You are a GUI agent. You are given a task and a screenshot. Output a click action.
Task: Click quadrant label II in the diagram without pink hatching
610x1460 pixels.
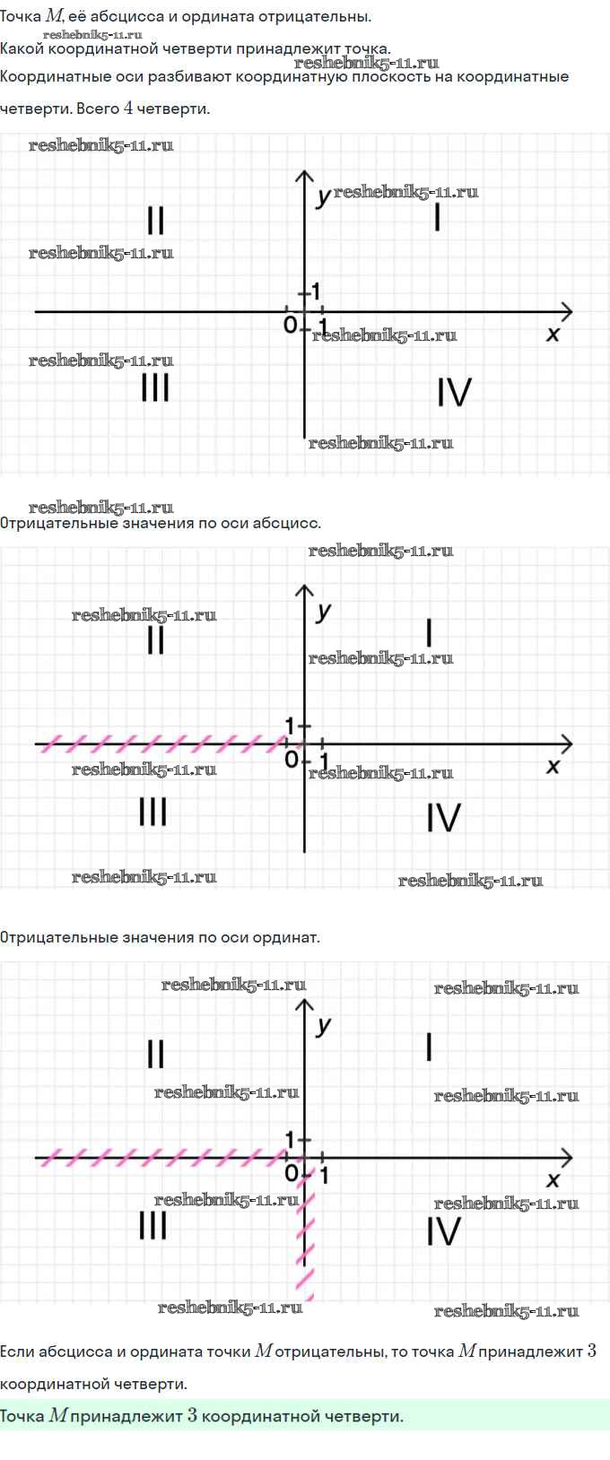click(x=155, y=221)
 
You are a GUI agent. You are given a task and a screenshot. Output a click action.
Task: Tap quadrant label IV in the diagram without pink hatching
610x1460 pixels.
click(x=454, y=393)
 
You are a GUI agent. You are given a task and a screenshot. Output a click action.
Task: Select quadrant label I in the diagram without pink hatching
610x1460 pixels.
click(x=437, y=217)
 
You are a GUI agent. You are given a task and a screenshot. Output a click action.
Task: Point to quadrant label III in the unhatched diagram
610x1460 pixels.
click(x=155, y=387)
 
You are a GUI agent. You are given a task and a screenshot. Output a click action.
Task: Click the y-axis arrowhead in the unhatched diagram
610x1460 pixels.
click(x=305, y=176)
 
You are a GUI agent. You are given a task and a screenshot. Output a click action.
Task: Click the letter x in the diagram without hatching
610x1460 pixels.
click(x=553, y=335)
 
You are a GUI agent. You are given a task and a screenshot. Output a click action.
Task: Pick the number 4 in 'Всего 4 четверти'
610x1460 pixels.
click(x=128, y=109)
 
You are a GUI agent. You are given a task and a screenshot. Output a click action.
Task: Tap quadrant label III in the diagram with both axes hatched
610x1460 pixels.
click(x=152, y=1225)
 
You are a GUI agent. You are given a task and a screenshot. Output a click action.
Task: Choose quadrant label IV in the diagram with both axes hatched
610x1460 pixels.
click(x=443, y=1231)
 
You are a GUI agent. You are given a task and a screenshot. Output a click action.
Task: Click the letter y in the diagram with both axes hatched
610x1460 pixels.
click(x=324, y=1025)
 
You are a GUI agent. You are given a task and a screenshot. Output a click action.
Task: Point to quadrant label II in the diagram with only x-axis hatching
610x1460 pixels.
click(x=155, y=640)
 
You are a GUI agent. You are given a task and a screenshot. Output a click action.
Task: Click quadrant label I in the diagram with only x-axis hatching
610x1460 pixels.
click(x=429, y=633)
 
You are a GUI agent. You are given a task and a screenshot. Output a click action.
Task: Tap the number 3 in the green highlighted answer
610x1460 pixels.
click(x=192, y=1416)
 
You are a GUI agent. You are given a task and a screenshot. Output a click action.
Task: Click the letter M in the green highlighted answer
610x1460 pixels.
click(x=57, y=1416)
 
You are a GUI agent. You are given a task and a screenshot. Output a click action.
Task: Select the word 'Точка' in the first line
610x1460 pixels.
click(x=21, y=17)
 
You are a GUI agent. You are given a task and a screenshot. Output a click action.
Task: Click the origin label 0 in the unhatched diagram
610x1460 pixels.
click(x=290, y=325)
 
